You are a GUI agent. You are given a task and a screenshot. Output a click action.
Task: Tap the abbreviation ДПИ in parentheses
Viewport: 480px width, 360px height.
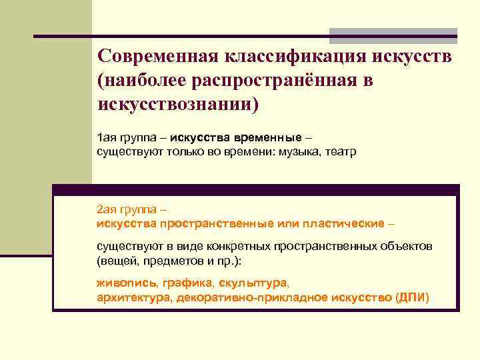[x=412, y=297]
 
